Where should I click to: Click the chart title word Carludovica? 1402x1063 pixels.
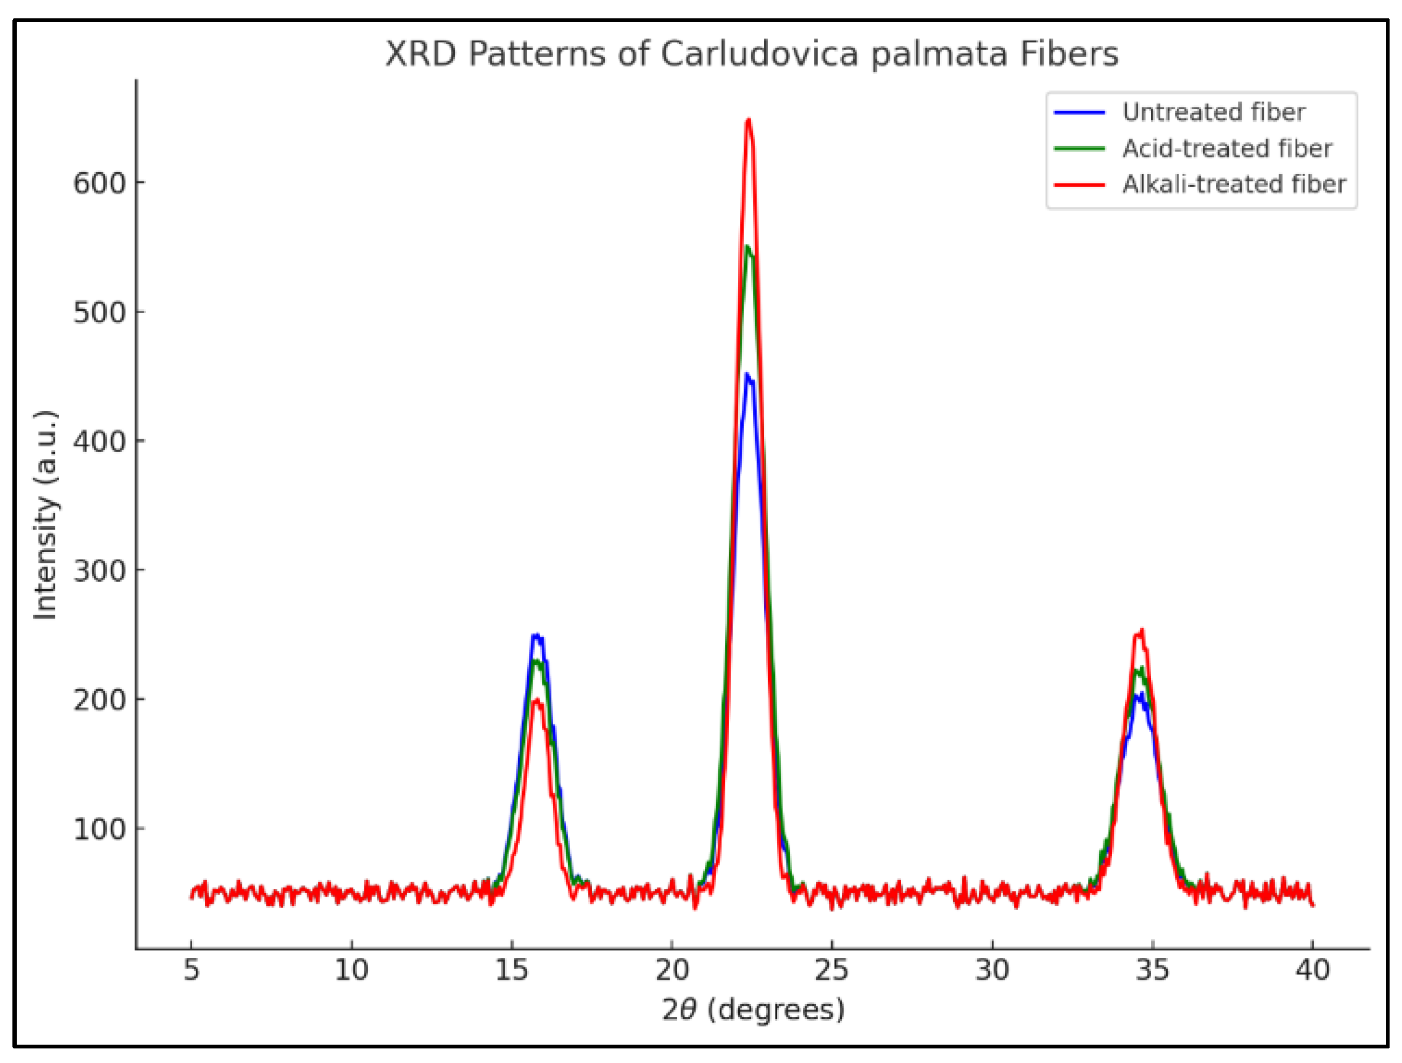759,54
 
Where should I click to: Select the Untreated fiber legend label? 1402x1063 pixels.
1213,112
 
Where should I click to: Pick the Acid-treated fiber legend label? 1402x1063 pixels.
1227,148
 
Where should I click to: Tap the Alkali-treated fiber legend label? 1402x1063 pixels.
1234,185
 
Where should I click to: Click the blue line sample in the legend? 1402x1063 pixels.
1079,113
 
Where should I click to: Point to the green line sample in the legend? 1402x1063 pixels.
1079,149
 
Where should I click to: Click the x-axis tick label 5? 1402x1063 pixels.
192,970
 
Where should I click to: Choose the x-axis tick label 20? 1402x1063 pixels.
672,970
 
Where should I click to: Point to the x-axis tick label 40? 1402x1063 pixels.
1312,970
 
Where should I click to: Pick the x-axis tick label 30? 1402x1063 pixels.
992,970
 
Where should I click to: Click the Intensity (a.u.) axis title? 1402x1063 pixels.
46,515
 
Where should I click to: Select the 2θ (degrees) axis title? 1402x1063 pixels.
753,1010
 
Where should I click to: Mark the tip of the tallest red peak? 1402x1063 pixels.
748,120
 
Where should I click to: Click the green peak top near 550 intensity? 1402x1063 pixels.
748,247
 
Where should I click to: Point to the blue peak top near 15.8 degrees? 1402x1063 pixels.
536,635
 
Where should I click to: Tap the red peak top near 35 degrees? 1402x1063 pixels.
1141,631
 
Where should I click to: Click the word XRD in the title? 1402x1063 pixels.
420,54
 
